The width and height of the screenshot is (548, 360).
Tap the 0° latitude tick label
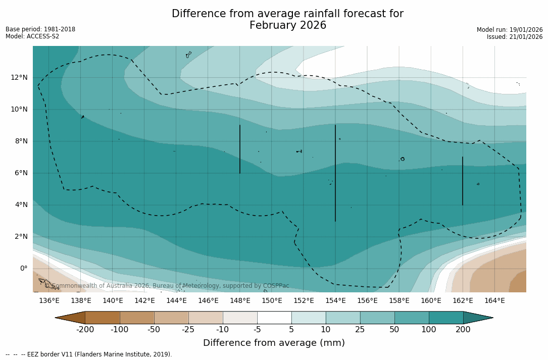23,268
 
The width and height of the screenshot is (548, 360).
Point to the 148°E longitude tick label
240,300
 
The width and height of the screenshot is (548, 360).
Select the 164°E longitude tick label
494,300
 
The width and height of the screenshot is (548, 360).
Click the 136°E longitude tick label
49,300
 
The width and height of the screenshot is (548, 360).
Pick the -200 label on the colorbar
85,330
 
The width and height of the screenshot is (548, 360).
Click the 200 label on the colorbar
463,330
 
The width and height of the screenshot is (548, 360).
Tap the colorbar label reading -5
257,330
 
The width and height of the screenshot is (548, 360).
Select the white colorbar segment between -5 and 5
274,318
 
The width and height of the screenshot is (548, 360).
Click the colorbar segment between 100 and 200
446,318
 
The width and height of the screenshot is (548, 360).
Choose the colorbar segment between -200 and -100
103,318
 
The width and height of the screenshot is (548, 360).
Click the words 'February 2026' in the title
288,25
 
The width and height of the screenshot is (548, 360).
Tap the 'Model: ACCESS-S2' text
32,36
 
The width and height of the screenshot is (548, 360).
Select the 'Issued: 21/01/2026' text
514,37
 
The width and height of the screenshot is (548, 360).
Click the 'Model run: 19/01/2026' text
509,30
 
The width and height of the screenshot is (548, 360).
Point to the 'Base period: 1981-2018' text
40,29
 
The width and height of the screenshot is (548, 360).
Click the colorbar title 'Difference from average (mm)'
274,343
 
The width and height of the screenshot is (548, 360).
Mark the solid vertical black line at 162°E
462,181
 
